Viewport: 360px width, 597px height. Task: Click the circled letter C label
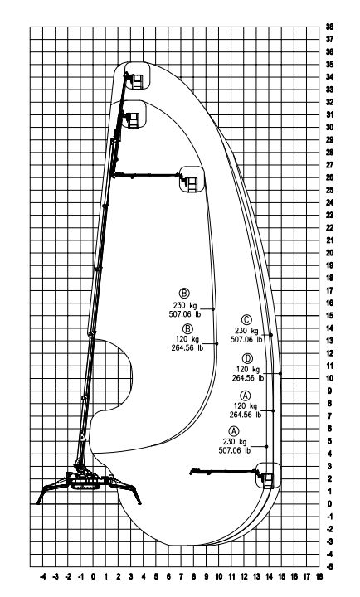(247, 320)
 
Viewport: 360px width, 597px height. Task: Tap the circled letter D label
(247, 358)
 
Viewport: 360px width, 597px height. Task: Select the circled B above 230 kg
(184, 294)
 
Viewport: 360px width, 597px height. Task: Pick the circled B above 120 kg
(187, 328)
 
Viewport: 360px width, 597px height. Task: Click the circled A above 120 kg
(246, 396)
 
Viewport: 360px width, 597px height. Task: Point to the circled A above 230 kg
(234, 431)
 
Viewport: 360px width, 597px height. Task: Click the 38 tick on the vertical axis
(329, 27)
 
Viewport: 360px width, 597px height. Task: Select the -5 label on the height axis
(329, 566)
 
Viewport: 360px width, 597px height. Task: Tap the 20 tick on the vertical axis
(329, 253)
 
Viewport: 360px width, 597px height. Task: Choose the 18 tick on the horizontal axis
(319, 576)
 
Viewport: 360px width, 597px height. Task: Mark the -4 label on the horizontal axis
(43, 576)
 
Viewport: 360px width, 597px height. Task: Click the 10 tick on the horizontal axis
(219, 576)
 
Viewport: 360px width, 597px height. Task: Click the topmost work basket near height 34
(136, 80)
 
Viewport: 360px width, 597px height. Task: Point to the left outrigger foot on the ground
(38, 503)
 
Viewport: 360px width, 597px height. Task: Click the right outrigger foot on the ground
(139, 503)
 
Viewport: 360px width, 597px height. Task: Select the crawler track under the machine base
(85, 485)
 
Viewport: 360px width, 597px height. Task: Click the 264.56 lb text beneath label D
(248, 378)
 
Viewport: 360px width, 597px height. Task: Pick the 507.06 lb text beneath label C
(246, 340)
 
